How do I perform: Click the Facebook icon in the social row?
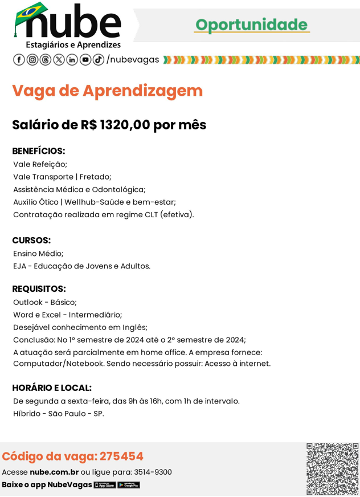coord(18,60)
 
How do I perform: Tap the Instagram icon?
coord(32,60)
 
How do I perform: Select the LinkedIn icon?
coord(72,60)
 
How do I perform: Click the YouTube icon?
coord(85,60)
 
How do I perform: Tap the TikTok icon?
coord(99,60)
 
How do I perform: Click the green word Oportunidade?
coord(251,25)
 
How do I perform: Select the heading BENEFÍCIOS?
coord(39,151)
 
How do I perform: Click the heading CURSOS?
coord(31,241)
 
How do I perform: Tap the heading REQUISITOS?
coord(39,289)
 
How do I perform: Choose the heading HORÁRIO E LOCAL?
coord(52,388)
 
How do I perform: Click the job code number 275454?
coord(121,457)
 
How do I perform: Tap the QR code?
coord(332,469)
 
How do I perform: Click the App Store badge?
coord(105,485)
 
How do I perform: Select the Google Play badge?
coord(129,485)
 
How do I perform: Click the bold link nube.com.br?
coord(54,472)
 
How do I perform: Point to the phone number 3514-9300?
coord(153,472)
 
